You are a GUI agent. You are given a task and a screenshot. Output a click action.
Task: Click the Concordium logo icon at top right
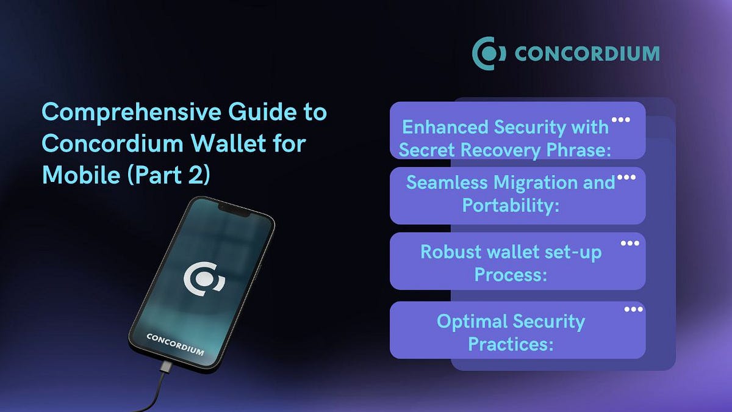489,53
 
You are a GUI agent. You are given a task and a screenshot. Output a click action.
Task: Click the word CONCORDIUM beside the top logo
586,54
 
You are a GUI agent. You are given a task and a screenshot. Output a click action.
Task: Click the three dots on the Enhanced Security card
620,120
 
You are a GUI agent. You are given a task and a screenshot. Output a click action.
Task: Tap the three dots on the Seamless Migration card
626,178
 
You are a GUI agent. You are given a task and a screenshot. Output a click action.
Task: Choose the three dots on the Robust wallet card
630,243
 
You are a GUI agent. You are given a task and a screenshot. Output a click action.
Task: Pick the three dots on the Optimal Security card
633,309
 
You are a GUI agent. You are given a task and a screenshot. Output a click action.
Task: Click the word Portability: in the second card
511,205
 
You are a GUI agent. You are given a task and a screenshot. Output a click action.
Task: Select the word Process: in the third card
510,275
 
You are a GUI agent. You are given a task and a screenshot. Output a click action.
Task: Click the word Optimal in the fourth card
472,321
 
